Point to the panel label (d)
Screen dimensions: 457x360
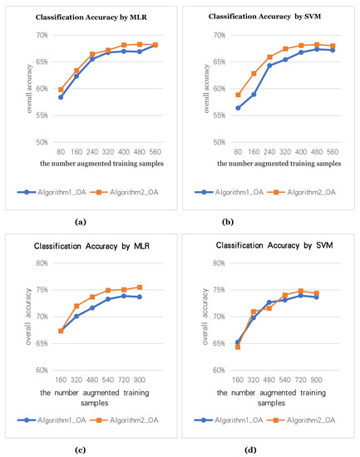click(x=270, y=450)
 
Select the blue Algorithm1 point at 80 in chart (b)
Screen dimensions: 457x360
click(x=215, y=108)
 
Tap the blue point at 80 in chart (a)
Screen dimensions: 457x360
click(x=37, y=97)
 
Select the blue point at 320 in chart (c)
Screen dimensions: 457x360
click(x=76, y=317)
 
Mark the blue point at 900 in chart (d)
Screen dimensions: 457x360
click(x=339, y=297)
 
